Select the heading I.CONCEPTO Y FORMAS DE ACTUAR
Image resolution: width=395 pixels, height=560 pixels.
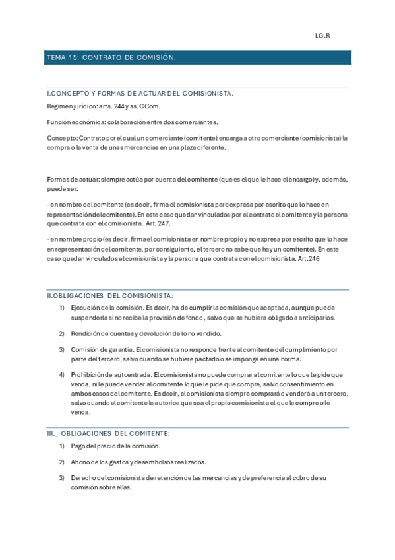point(139,94)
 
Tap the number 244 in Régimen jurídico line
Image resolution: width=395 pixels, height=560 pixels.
point(119,106)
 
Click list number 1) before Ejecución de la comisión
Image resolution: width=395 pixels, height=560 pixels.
point(62,308)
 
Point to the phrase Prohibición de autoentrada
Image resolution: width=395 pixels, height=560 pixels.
point(110,375)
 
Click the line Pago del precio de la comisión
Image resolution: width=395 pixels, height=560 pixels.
point(115,446)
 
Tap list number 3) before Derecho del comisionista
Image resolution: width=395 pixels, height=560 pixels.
point(62,477)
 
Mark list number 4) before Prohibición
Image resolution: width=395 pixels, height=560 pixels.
point(62,375)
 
